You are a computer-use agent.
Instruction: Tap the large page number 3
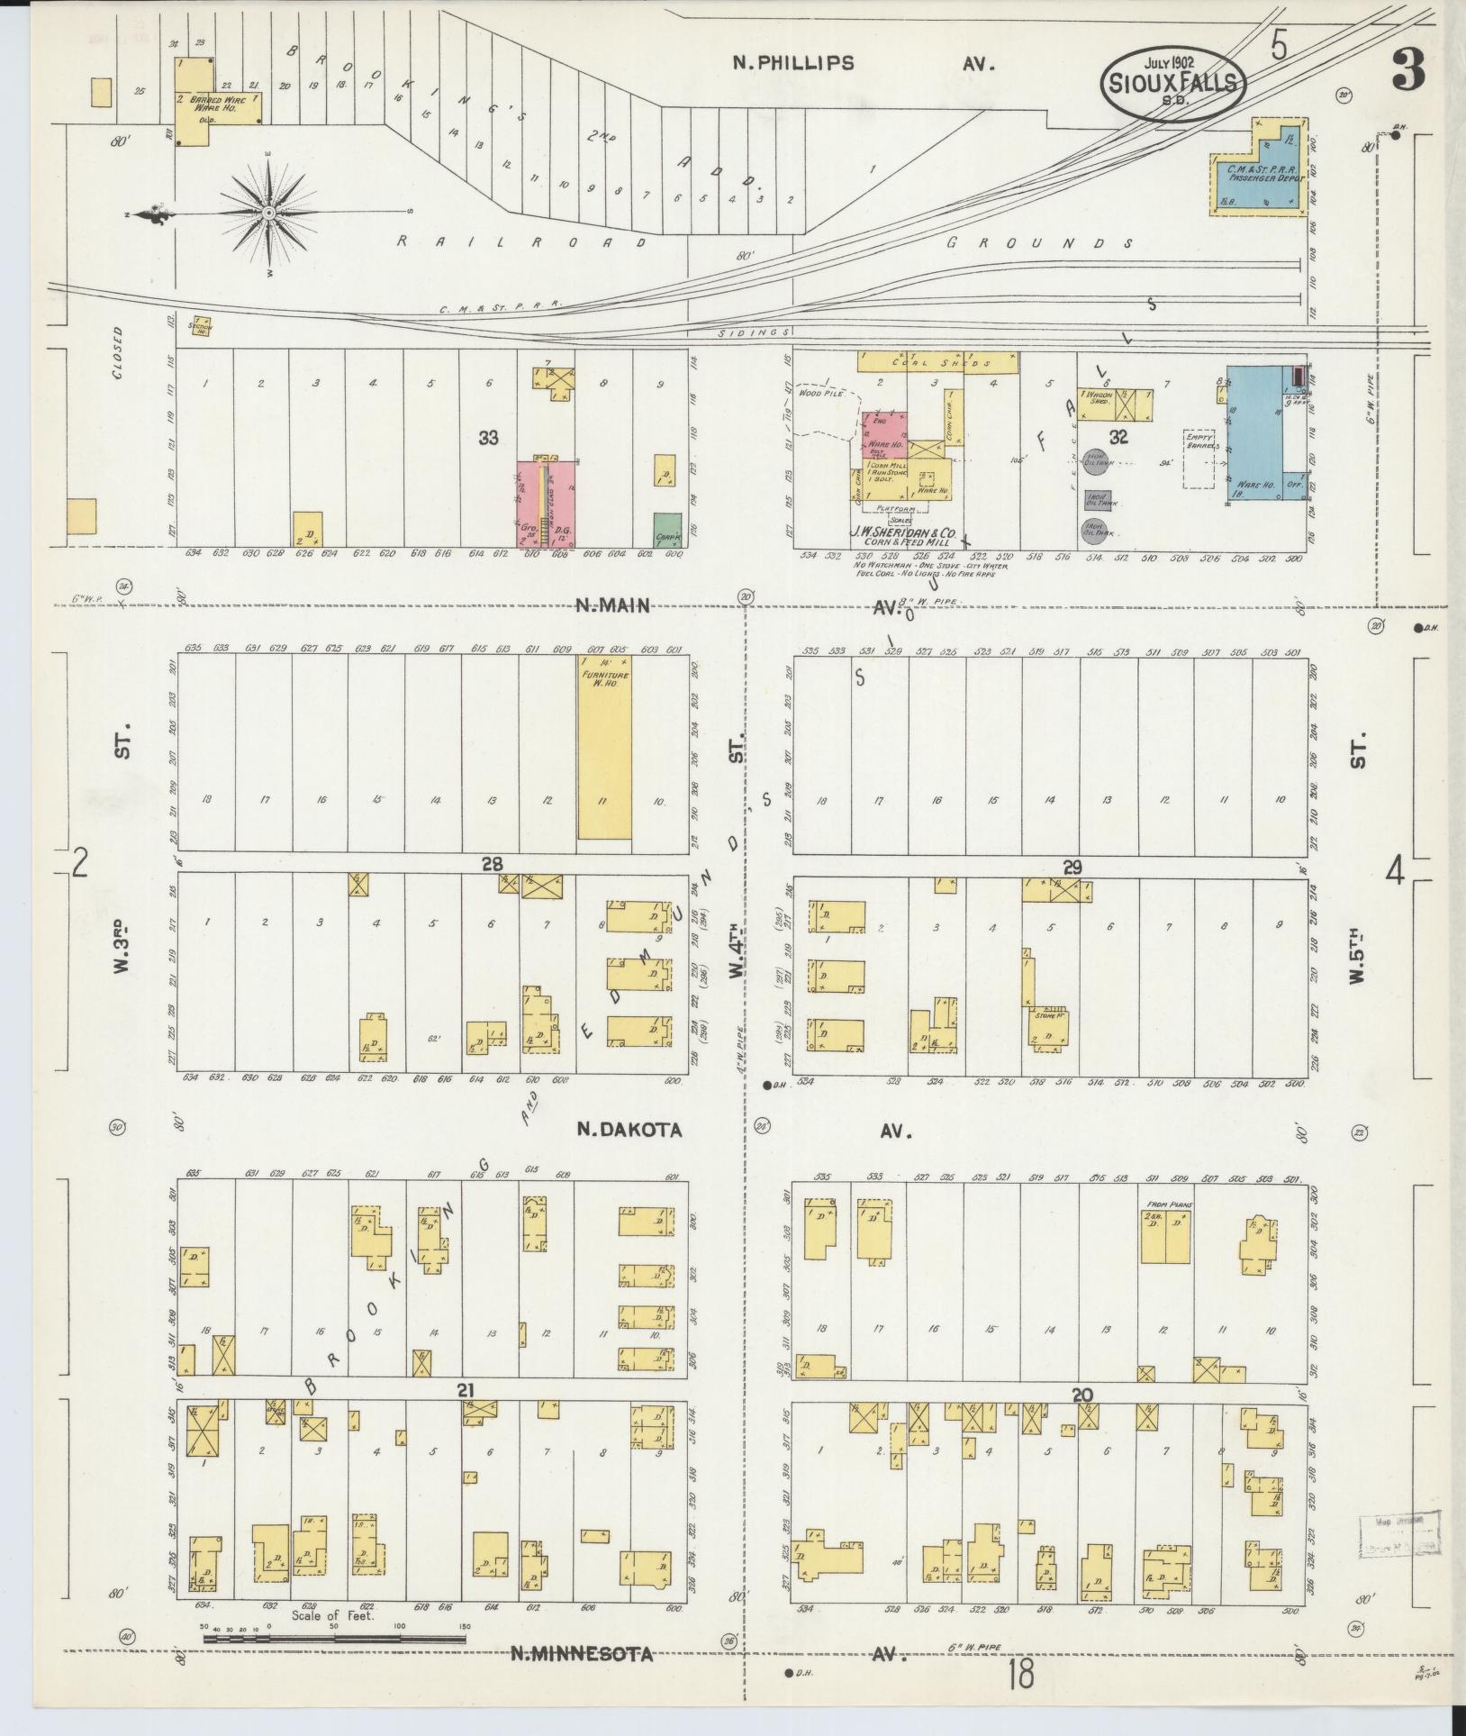pyautogui.click(x=1407, y=71)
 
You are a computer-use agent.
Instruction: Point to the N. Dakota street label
pyautogui.click(x=629, y=1130)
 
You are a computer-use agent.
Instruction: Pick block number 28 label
pyautogui.click(x=492, y=864)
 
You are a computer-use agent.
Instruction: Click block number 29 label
pyautogui.click(x=1072, y=868)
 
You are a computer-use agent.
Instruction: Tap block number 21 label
pyautogui.click(x=465, y=1391)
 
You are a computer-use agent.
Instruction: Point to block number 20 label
pyautogui.click(x=1082, y=1395)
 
